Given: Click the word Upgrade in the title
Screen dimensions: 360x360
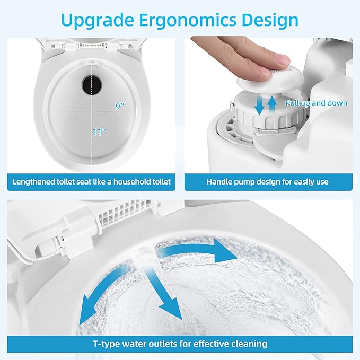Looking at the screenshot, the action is (x=98, y=21).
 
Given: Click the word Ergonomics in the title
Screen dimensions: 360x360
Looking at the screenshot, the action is (x=188, y=21).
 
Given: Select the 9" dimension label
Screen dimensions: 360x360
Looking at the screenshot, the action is (x=120, y=106).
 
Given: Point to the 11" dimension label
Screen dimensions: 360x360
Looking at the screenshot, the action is (x=100, y=132).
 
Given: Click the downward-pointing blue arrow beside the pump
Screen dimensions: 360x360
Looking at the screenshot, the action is (x=260, y=106).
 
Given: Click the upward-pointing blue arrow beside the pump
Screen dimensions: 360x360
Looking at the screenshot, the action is (x=272, y=104).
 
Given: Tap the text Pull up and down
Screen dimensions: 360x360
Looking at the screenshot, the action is (x=316, y=103).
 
